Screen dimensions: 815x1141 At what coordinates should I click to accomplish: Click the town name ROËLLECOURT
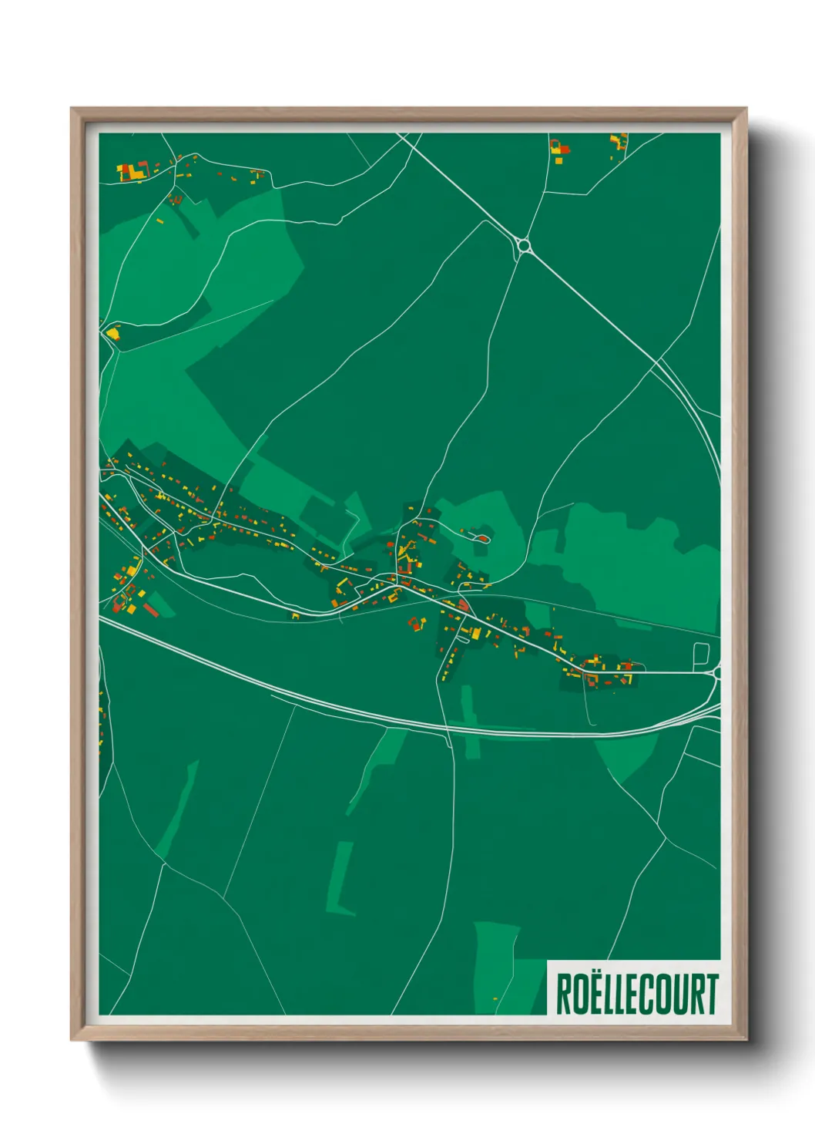tap(636, 995)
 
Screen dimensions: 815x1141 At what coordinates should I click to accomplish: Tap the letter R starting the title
tap(565, 995)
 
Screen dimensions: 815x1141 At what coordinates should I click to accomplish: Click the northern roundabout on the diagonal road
tap(525, 247)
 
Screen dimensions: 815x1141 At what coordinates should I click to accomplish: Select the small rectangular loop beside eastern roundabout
tap(700, 655)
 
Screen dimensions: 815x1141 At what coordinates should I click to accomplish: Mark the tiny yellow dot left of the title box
tap(495, 999)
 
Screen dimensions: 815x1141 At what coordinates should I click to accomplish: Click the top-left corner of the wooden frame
tap(72, 109)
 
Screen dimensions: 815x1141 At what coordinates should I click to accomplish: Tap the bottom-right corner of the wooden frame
tap(746, 1039)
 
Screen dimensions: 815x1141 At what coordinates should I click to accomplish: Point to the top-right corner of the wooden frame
tap(746, 109)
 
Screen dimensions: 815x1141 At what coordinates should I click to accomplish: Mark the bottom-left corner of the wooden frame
tap(72, 1039)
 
